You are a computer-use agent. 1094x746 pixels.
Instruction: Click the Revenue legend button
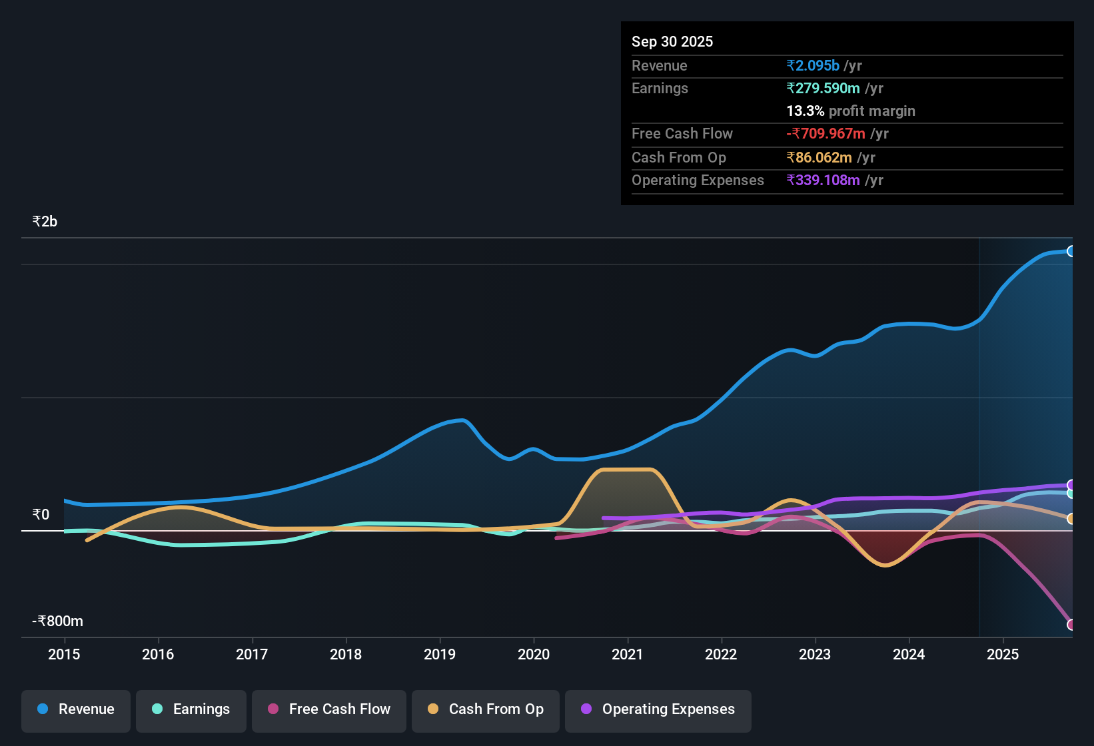(76, 710)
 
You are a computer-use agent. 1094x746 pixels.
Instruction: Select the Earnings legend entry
(191, 710)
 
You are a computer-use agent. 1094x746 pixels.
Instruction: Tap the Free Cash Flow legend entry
(329, 710)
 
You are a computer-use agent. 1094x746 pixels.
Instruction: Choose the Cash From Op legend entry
(486, 710)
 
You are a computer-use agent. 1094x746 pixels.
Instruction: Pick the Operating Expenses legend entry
(658, 710)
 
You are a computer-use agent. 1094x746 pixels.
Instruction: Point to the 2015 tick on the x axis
(64, 654)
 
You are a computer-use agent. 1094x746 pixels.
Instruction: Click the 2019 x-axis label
(440, 654)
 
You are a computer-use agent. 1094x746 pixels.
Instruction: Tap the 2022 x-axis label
(721, 654)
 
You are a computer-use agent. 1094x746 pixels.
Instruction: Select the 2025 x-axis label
(1003, 654)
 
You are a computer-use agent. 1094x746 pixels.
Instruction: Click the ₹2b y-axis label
(45, 222)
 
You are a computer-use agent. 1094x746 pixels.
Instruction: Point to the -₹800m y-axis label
(58, 621)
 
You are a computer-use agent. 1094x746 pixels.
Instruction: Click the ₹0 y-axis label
(41, 515)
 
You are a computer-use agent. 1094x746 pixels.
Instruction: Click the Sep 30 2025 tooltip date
(672, 41)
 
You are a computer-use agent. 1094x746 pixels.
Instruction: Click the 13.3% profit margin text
(850, 111)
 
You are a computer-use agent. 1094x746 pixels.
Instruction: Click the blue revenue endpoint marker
(1071, 251)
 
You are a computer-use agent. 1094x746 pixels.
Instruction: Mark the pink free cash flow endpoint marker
(1071, 625)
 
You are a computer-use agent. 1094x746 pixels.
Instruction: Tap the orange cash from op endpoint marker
(1071, 519)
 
